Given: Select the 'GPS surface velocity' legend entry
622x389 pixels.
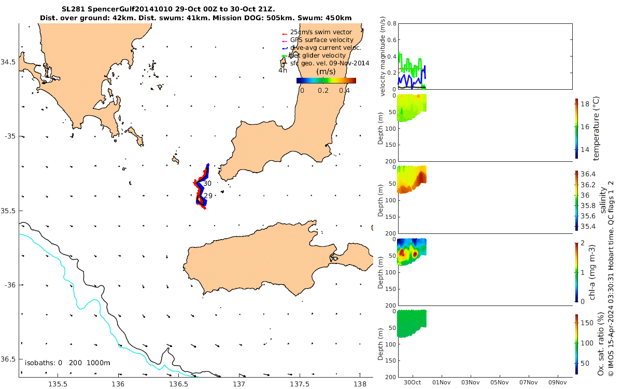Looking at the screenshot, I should pos(322,40).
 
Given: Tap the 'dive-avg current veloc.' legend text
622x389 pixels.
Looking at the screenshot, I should pos(326,48).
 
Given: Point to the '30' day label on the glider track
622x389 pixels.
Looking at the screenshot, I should pos(207,184).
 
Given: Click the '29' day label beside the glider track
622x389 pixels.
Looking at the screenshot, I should pos(208,196).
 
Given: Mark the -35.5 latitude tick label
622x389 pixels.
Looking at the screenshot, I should pos(9,211).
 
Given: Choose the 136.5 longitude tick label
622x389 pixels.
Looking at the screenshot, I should pos(179,384).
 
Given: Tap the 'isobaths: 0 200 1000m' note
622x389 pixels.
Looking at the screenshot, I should pos(67,363).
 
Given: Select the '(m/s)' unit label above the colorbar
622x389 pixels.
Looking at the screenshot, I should pos(326,71).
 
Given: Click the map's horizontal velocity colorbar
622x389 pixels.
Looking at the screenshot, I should pos(326,80).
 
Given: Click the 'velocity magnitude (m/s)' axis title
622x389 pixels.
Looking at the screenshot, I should pos(383,56).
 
